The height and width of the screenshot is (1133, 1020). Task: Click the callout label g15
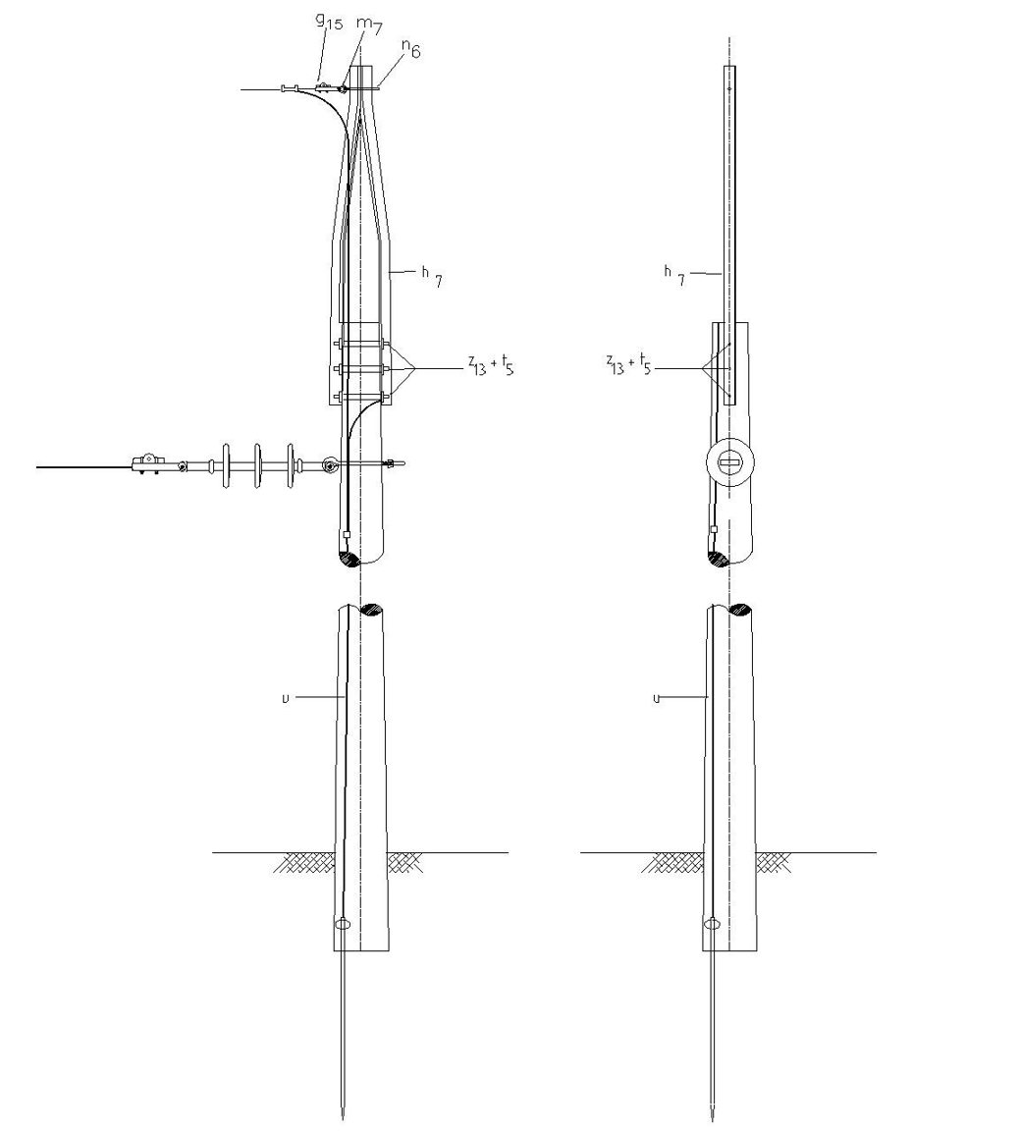329,22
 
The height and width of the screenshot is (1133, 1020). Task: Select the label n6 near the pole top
411,48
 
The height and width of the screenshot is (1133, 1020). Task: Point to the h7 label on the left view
432,275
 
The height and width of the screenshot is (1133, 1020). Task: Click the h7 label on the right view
674,275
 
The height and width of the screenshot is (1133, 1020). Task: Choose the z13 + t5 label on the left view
491,364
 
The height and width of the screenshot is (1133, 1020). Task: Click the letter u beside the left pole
286,698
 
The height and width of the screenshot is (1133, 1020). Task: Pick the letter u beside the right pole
657,698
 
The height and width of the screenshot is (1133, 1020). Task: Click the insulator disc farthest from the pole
226,466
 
